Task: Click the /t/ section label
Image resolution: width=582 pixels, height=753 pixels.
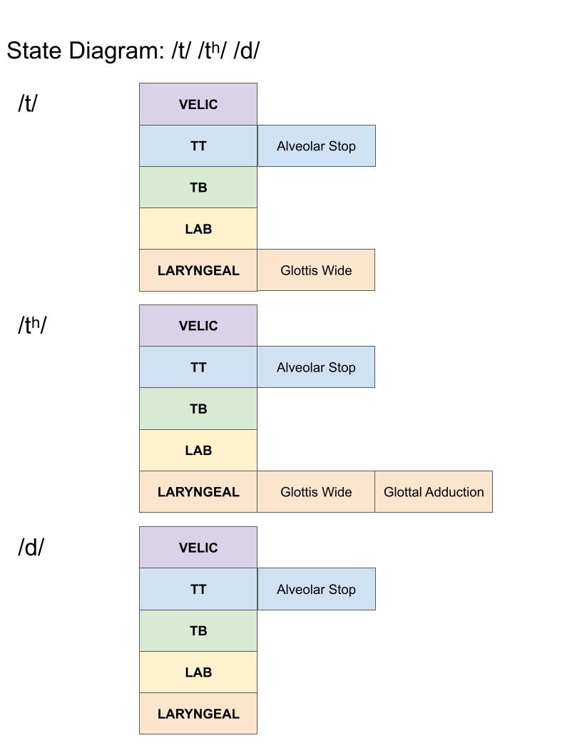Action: pyautogui.click(x=28, y=104)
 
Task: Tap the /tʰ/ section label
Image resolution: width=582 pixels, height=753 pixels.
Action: pyautogui.click(x=32, y=325)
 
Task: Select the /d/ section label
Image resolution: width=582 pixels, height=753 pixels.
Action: pyautogui.click(x=31, y=548)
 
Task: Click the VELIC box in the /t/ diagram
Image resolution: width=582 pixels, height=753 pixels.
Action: pyautogui.click(x=198, y=104)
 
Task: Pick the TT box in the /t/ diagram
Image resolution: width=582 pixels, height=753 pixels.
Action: pyautogui.click(x=198, y=146)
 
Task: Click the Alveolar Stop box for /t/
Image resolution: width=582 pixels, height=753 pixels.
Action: pyautogui.click(x=316, y=146)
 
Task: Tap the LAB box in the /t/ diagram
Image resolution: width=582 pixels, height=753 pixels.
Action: pyautogui.click(x=198, y=229)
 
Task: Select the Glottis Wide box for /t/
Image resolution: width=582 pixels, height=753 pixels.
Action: pyautogui.click(x=316, y=270)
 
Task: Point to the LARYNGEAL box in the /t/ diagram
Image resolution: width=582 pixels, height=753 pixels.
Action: pyautogui.click(x=198, y=270)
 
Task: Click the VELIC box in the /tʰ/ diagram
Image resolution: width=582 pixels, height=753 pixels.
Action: pyautogui.click(x=198, y=326)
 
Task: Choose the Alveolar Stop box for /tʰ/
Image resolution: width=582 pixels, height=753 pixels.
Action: pyautogui.click(x=316, y=367)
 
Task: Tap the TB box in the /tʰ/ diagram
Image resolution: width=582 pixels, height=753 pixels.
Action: pyautogui.click(x=198, y=409)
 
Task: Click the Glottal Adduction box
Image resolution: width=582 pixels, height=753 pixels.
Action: pyautogui.click(x=434, y=492)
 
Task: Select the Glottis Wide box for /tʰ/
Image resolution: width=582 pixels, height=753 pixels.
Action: pyautogui.click(x=316, y=492)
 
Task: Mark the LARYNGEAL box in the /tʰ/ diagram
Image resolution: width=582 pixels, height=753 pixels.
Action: pyautogui.click(x=198, y=492)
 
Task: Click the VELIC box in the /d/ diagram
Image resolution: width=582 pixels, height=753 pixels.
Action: pyautogui.click(x=198, y=548)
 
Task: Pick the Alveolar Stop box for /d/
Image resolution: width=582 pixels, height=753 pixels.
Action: pyautogui.click(x=316, y=589)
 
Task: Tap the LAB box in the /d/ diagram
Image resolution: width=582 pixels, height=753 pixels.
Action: pyautogui.click(x=198, y=672)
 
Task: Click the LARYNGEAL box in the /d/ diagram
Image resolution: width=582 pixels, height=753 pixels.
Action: pyautogui.click(x=198, y=714)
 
